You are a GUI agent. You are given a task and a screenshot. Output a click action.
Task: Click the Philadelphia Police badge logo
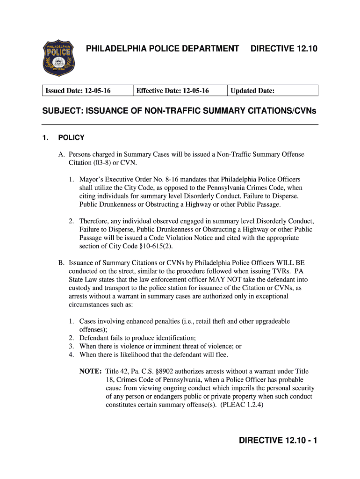pos(59,58)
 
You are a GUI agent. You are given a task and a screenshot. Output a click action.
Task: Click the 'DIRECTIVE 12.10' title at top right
pos(284,49)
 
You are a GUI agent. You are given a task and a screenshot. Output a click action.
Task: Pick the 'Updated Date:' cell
pos(252,91)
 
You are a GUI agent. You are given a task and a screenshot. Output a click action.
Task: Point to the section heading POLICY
pos(71,138)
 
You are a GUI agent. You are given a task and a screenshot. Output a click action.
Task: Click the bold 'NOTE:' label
pos(90,371)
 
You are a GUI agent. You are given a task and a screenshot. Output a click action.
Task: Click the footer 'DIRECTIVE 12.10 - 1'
pos(278,441)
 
